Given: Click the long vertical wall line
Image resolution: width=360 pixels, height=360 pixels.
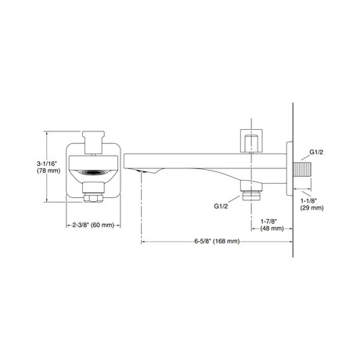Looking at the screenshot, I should (x=292, y=110).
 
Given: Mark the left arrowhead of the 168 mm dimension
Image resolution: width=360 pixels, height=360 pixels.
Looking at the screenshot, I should (x=144, y=241).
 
